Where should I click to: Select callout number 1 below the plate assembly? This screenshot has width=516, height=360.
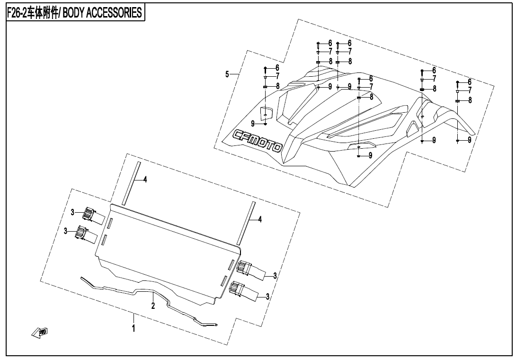134,327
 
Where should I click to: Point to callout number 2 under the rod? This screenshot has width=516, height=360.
153,306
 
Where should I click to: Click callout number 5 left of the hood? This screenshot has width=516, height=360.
227,74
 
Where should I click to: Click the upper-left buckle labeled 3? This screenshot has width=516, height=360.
89,215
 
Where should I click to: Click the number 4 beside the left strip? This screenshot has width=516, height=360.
145,179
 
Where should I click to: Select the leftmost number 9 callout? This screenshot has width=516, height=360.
253,123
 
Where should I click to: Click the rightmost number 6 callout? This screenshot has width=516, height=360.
469,81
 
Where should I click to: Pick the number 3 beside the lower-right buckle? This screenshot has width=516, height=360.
268,297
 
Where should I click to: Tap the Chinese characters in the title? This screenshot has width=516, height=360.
50,13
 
